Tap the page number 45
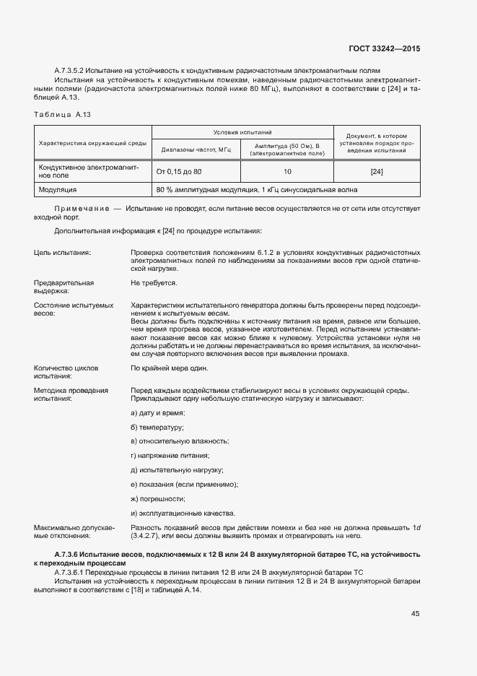tap(415, 614)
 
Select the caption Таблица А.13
tap(62, 115)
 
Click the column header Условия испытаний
tap(242, 133)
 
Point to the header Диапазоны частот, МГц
tap(196, 149)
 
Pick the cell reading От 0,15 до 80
tap(179, 172)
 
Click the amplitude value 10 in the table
tap(287, 172)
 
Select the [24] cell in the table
tap(376, 172)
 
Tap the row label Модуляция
tap(58, 190)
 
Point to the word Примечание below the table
tap(80, 208)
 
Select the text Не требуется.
tap(154, 283)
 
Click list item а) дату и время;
tap(158, 412)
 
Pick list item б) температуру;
tap(157, 427)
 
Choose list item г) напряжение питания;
tap(170, 455)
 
